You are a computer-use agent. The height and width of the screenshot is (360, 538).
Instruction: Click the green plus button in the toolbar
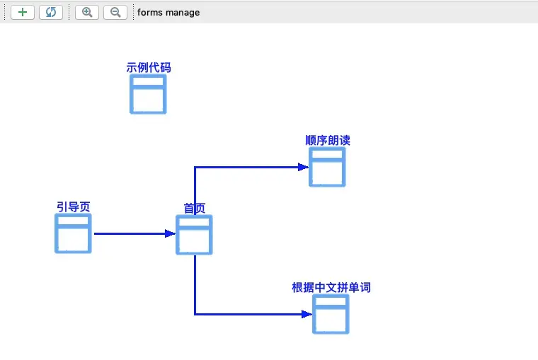(x=23, y=12)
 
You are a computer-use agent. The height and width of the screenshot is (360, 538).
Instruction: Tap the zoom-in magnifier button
(x=87, y=12)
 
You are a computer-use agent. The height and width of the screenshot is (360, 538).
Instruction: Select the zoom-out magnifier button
(x=115, y=12)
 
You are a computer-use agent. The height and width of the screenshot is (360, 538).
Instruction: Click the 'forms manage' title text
(x=168, y=12)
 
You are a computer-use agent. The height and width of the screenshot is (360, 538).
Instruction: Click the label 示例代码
(x=149, y=68)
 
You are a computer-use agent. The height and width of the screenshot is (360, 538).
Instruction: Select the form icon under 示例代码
(x=148, y=94)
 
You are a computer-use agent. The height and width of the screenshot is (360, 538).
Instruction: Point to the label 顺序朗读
(x=328, y=140)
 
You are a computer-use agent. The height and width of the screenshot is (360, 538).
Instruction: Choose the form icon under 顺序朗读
(x=327, y=168)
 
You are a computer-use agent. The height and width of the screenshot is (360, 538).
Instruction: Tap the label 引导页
(x=74, y=207)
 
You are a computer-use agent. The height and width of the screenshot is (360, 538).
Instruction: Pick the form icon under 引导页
(x=73, y=233)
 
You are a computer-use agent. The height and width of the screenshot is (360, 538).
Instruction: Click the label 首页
(x=195, y=208)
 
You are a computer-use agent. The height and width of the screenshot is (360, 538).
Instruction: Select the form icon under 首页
(x=194, y=235)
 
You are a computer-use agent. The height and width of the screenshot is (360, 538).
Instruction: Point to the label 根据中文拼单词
(x=331, y=288)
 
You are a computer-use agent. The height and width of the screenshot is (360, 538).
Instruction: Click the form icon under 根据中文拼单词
(x=331, y=314)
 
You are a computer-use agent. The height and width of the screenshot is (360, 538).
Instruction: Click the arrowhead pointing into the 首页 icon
(x=171, y=233)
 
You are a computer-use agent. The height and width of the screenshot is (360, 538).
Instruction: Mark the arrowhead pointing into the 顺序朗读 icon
(x=304, y=167)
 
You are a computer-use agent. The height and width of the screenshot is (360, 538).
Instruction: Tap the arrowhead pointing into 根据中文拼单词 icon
(x=307, y=313)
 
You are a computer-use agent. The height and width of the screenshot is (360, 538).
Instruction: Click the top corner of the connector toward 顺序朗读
(x=195, y=167)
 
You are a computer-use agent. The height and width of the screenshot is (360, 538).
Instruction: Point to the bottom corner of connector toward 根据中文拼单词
(x=195, y=313)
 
